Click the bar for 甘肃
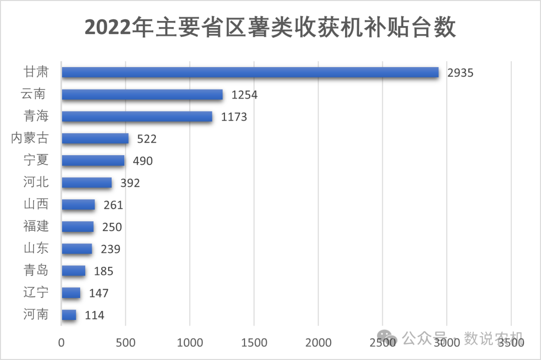coord(250,73)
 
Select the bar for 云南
coord(142,95)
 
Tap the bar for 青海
coord(137,117)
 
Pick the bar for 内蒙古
coord(95,139)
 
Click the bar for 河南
coord(69,315)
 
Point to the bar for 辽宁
coord(71,293)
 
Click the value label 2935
coord(460,73)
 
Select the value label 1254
coord(244,95)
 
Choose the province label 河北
coord(36,182)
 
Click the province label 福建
coord(36,226)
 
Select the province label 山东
coord(36,248)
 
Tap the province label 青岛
coord(36,270)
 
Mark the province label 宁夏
coord(36,160)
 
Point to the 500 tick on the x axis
coord(126,343)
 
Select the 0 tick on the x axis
coord(62,343)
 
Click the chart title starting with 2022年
coord(270,28)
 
